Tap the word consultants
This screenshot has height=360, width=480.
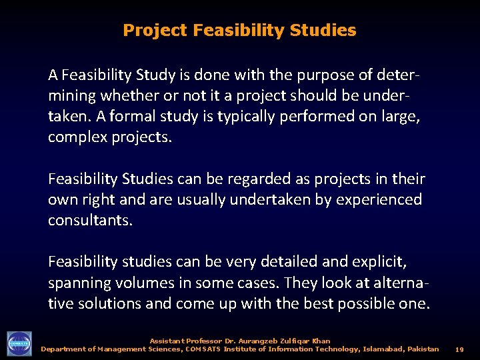(x=90, y=221)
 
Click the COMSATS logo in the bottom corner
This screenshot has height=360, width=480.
(x=19, y=344)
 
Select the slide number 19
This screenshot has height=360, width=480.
(x=459, y=349)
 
